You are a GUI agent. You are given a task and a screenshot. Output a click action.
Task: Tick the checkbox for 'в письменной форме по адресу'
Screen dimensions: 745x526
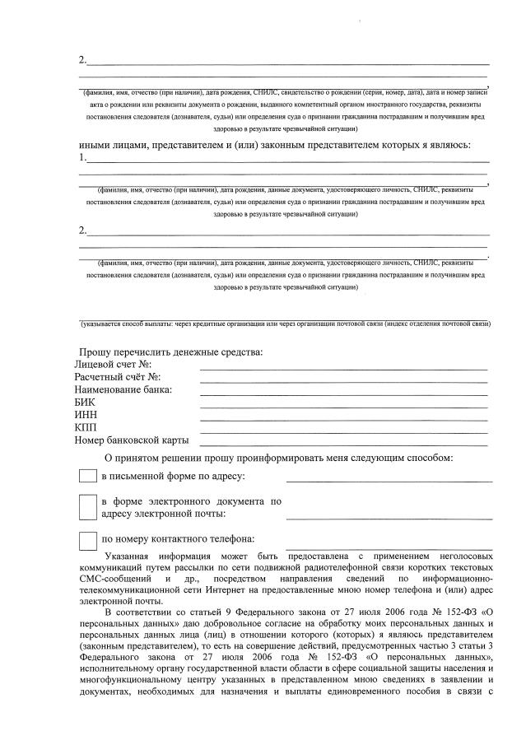[x=87, y=477]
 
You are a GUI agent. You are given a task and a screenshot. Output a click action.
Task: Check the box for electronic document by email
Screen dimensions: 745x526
[x=87, y=507]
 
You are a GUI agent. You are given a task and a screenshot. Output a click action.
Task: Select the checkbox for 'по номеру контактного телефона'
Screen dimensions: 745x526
[x=87, y=541]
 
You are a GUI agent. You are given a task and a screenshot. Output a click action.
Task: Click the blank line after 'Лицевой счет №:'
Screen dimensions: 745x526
[x=343, y=368]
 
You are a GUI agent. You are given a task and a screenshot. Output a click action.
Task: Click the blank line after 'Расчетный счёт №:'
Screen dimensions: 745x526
[x=343, y=381]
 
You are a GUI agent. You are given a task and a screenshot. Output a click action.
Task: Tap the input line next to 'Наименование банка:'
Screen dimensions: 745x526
[x=343, y=393]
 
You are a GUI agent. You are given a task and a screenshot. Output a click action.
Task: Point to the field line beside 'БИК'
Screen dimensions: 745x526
[x=343, y=407]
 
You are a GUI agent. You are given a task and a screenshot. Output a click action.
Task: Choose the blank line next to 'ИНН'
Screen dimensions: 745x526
[x=343, y=420]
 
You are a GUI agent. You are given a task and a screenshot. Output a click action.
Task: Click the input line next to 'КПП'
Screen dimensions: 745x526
[x=343, y=432]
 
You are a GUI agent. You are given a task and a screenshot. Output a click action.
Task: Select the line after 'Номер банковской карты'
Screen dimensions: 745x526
[x=343, y=445]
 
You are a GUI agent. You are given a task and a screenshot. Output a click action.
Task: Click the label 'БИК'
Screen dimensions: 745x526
[x=85, y=403]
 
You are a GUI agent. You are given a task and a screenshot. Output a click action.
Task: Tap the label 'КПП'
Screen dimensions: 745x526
[x=86, y=428]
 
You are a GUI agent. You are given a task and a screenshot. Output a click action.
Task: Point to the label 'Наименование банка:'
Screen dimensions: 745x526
[x=123, y=389]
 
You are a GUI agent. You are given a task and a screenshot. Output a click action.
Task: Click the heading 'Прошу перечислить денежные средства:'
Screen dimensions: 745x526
[x=171, y=352]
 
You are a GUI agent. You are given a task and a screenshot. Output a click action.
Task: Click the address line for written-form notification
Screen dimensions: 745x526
[x=389, y=480]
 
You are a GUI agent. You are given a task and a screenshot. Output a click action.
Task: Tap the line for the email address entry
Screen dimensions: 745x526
[x=389, y=518]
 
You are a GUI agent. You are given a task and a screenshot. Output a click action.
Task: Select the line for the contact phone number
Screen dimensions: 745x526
[x=389, y=546]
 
